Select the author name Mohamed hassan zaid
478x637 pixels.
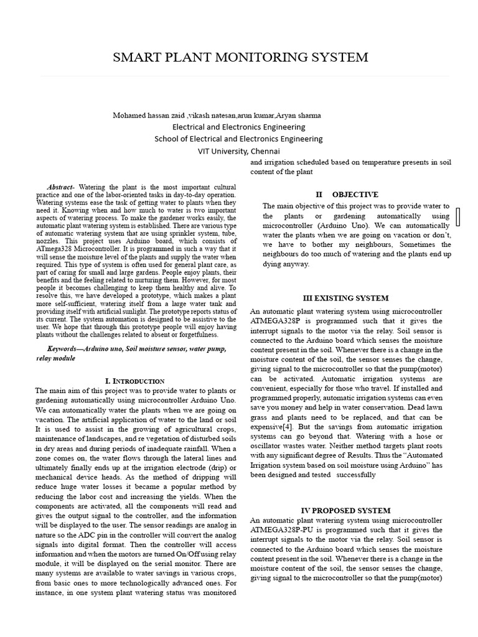coord(143,116)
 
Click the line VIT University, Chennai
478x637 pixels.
coord(239,151)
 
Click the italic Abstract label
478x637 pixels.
coord(60,187)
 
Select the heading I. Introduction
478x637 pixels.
coord(134,381)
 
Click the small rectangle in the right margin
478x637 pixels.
coord(459,216)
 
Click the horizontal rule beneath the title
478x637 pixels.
coord(239,77)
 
